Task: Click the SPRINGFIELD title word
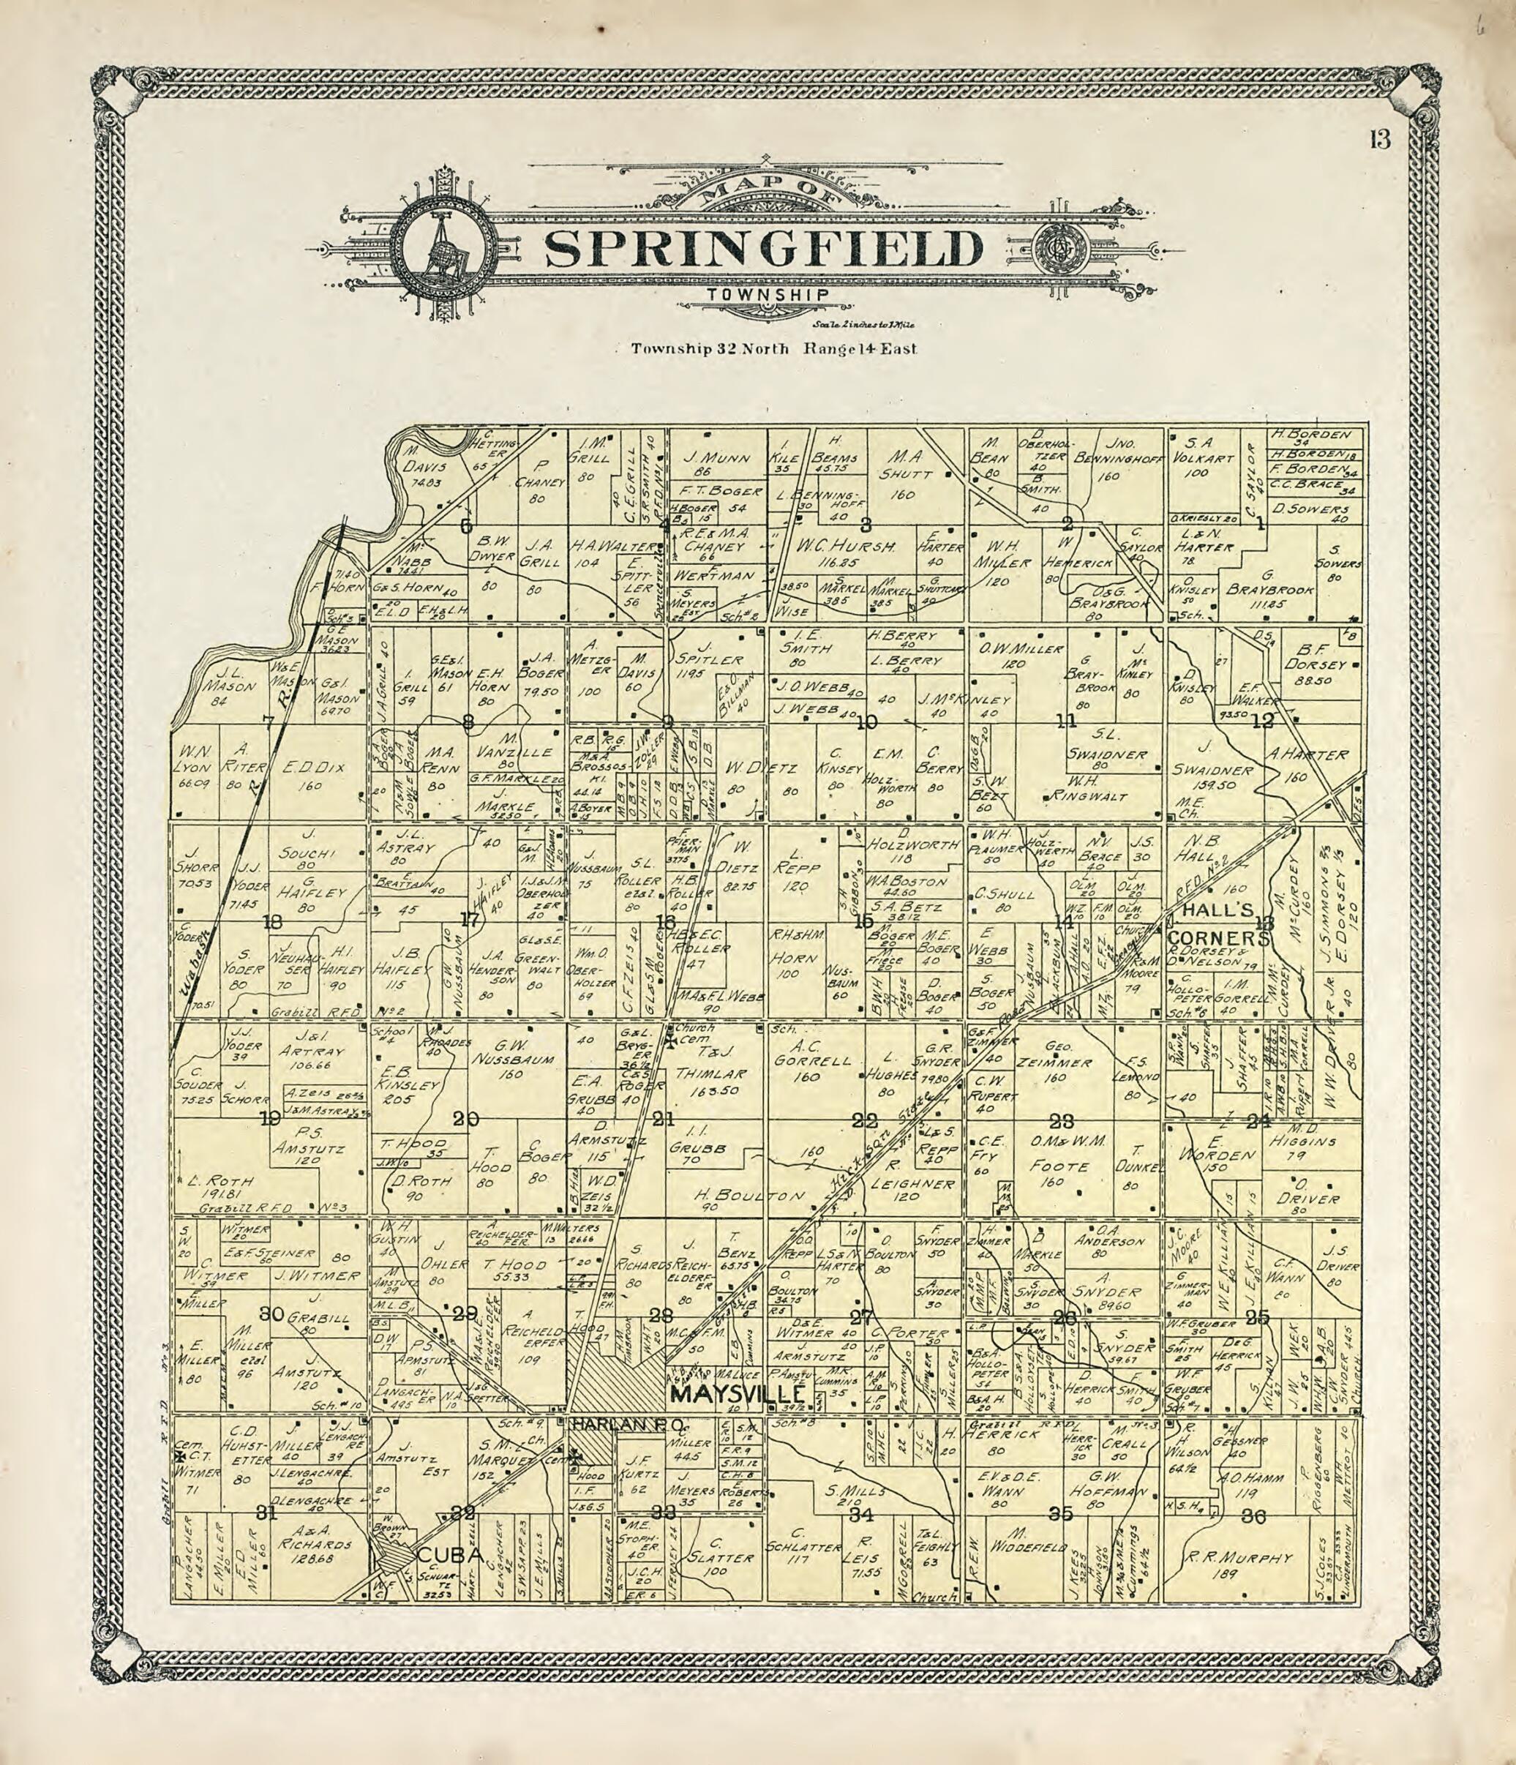[x=763, y=248]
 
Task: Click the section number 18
[x=271, y=922]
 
